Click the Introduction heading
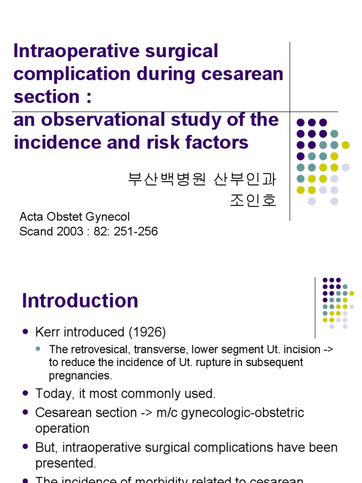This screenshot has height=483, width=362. [80, 301]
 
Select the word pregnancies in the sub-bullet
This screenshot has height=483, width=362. [80, 376]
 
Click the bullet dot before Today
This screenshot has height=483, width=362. [25, 393]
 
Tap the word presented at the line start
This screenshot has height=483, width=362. [66, 463]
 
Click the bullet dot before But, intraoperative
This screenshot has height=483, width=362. [25, 447]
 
